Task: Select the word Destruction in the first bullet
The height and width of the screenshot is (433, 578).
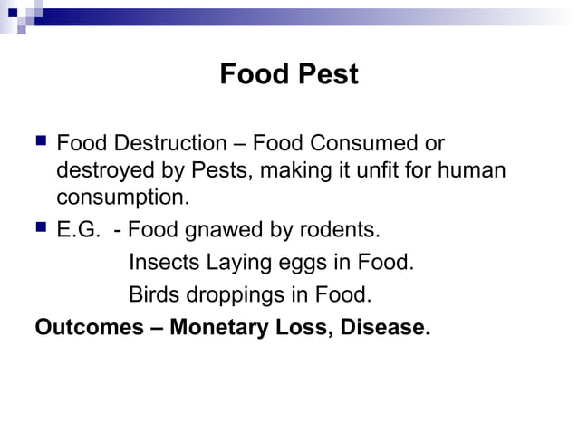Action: click(168, 143)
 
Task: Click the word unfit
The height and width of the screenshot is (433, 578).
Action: click(391, 169)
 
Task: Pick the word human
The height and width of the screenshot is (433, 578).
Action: click(470, 169)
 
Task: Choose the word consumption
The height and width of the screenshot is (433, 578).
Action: click(120, 197)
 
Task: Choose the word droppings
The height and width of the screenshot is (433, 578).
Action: click(238, 295)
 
